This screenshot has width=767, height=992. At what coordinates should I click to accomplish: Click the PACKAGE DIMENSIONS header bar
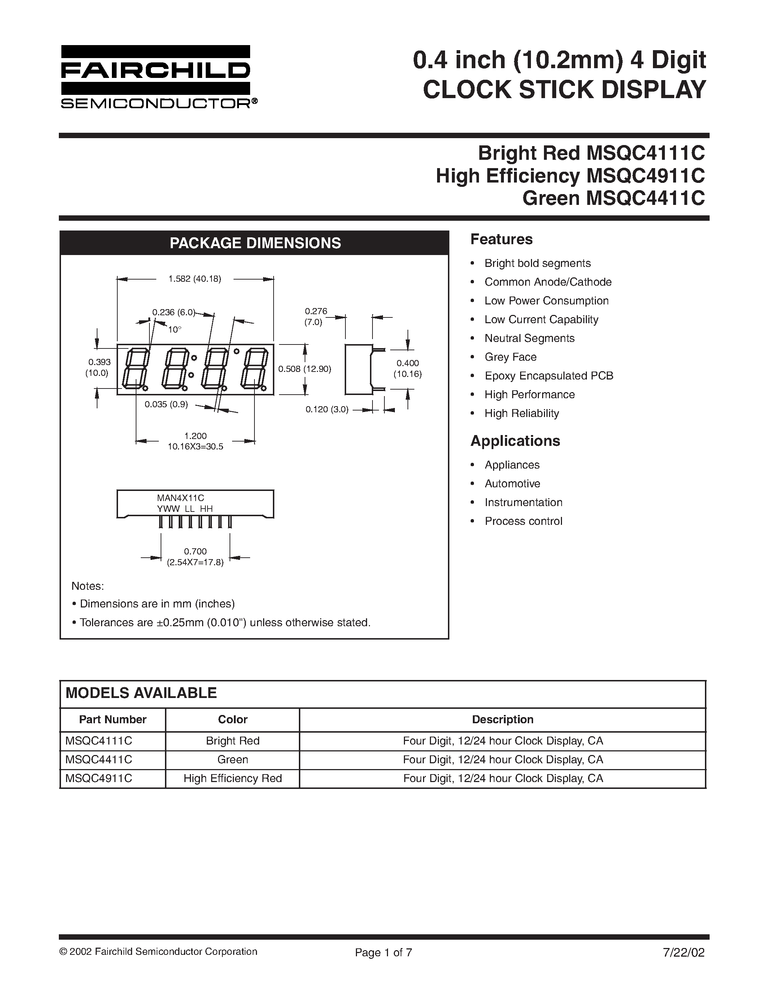(254, 243)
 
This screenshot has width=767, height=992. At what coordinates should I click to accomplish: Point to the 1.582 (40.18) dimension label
(195, 279)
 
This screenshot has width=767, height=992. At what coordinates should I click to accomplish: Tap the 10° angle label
(174, 330)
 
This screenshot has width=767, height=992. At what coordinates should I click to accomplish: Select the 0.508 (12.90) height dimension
(304, 369)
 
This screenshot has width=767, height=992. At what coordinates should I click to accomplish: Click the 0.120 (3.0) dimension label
(327, 409)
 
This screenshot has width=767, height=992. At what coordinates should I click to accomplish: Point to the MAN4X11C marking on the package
(180, 498)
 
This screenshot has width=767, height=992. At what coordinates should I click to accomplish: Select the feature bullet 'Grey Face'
(510, 357)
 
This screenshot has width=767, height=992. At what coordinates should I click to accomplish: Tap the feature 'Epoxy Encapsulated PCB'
(548, 376)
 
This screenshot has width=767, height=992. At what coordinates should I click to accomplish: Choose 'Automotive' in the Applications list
(512, 483)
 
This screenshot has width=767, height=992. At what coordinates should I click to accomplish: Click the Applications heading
(515, 440)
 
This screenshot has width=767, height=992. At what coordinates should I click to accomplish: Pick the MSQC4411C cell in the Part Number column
(99, 759)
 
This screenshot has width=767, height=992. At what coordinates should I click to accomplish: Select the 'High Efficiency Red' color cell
(233, 778)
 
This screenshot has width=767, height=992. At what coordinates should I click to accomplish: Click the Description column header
(502, 720)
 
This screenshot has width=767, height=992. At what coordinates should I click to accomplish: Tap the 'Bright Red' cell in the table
(233, 741)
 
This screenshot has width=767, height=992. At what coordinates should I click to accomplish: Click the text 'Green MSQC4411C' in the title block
(613, 198)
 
